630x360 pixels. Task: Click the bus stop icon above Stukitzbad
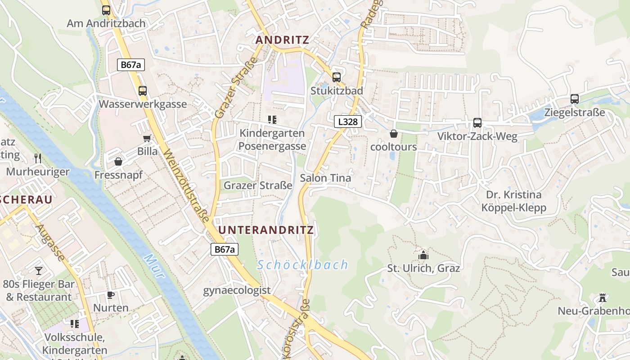click(x=336, y=77)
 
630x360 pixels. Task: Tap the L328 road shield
click(x=348, y=121)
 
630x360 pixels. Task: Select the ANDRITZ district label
click(x=282, y=40)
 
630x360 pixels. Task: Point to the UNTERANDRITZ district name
click(x=266, y=230)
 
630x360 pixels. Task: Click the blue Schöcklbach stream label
click(x=303, y=265)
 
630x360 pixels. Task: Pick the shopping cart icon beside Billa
click(x=147, y=138)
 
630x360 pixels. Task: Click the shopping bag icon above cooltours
click(x=394, y=134)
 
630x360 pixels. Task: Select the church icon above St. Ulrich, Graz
click(x=423, y=255)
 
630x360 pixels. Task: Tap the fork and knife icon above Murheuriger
click(x=38, y=158)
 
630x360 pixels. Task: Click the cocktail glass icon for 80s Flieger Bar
click(x=39, y=270)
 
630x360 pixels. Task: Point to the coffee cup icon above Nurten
click(x=111, y=295)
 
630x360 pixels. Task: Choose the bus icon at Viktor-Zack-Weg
click(x=477, y=123)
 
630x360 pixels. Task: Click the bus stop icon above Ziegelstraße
click(x=575, y=99)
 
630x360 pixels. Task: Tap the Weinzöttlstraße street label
click(x=186, y=186)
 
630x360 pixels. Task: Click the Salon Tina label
click(x=325, y=178)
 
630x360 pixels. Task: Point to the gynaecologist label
click(x=237, y=290)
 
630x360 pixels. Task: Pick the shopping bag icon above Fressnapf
click(x=118, y=161)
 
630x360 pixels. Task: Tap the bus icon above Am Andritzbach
click(x=106, y=10)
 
